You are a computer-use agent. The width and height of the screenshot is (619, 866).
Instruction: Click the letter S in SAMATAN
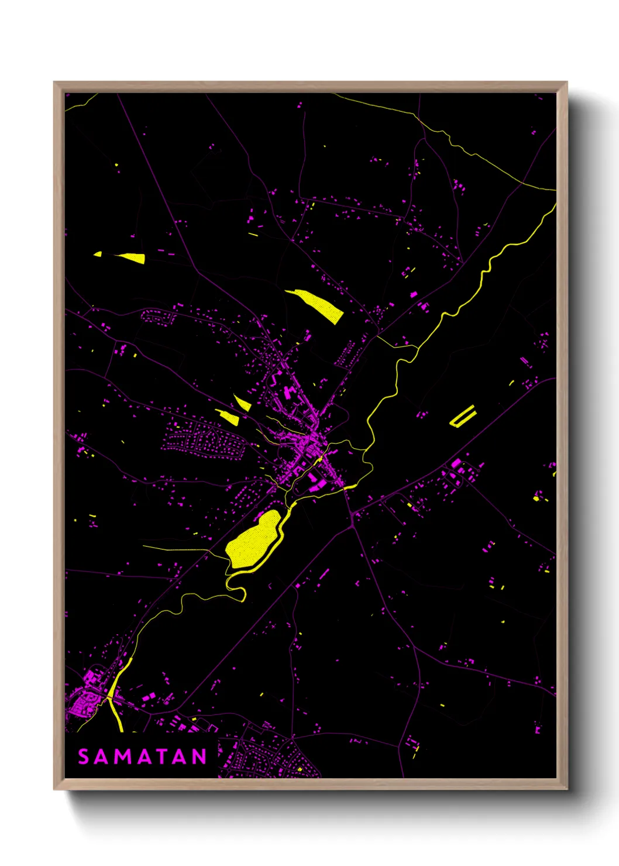pyautogui.click(x=84, y=757)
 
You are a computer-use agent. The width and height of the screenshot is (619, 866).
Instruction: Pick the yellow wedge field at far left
pyautogui.click(x=132, y=257)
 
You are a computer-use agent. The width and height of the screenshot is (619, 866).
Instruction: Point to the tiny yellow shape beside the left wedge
pyautogui.click(x=98, y=254)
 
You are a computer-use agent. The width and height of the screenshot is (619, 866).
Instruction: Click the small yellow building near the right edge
pyautogui.click(x=537, y=499)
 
